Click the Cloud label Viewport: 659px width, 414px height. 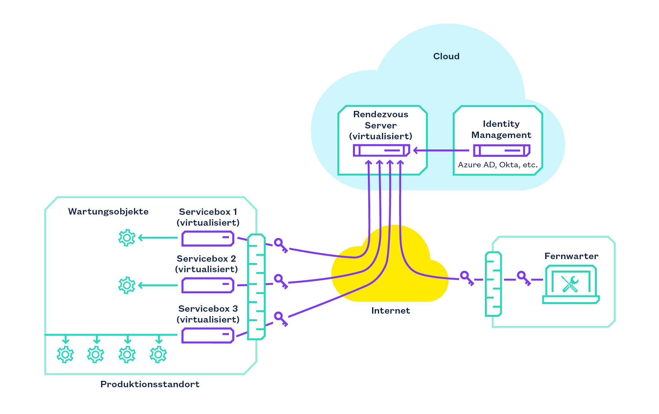coord(446,56)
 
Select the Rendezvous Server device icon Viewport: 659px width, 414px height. coord(381,150)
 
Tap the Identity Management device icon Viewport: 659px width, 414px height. coord(502,150)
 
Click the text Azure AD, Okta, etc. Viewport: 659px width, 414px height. coord(498,165)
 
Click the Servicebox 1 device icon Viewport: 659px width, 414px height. coord(208,238)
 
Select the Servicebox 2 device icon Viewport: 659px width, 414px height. coord(208,285)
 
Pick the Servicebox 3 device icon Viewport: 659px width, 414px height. coord(208,335)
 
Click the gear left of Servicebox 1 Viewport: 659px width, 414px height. coord(127,238)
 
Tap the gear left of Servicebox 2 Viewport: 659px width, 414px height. coord(127,285)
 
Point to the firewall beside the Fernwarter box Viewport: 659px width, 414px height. coord(493,284)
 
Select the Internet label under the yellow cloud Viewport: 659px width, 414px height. coord(391,311)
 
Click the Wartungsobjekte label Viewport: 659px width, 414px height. coord(108,212)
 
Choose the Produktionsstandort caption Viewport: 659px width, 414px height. coord(150,384)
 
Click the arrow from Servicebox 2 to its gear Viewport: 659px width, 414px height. coord(157,285)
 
